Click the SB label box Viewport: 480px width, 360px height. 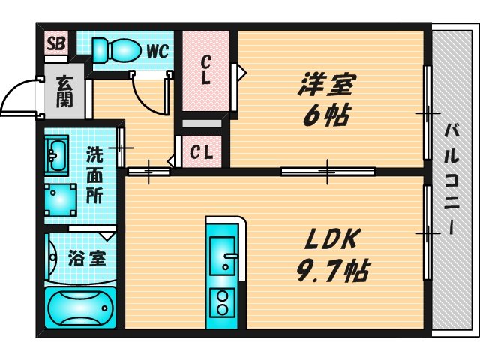55,43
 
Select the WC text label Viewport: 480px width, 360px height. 157,51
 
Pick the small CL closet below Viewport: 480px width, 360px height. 201,153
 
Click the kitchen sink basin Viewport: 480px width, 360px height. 223,257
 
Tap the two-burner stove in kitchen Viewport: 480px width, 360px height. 223,301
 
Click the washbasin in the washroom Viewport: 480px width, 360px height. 55,156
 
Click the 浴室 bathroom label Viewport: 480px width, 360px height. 86,259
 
